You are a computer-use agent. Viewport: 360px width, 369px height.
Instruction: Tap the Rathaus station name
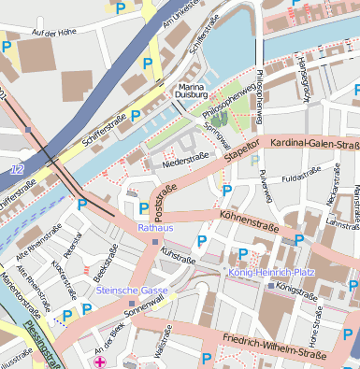coord(154,227)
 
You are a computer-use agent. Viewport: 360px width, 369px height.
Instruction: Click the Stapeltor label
coord(240,152)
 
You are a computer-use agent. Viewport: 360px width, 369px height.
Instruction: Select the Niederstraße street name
coord(184,160)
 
